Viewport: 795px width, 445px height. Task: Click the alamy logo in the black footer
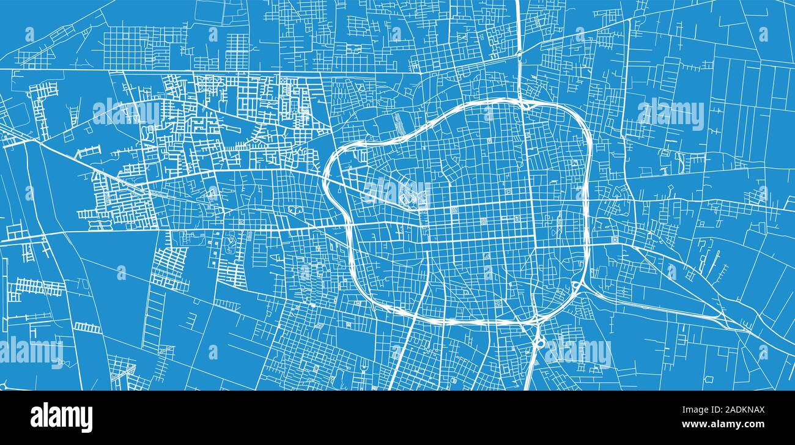click(x=61, y=417)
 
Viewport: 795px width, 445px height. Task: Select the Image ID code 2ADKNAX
click(x=742, y=411)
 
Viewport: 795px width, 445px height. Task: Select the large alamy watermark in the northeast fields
click(x=670, y=114)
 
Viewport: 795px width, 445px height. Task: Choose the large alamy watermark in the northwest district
click(x=126, y=112)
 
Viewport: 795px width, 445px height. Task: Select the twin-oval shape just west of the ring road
click(x=295, y=209)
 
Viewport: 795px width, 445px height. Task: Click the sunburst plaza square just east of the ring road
click(x=613, y=239)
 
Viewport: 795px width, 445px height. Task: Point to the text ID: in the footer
click(x=704, y=411)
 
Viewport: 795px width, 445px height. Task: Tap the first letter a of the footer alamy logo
click(x=37, y=417)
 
